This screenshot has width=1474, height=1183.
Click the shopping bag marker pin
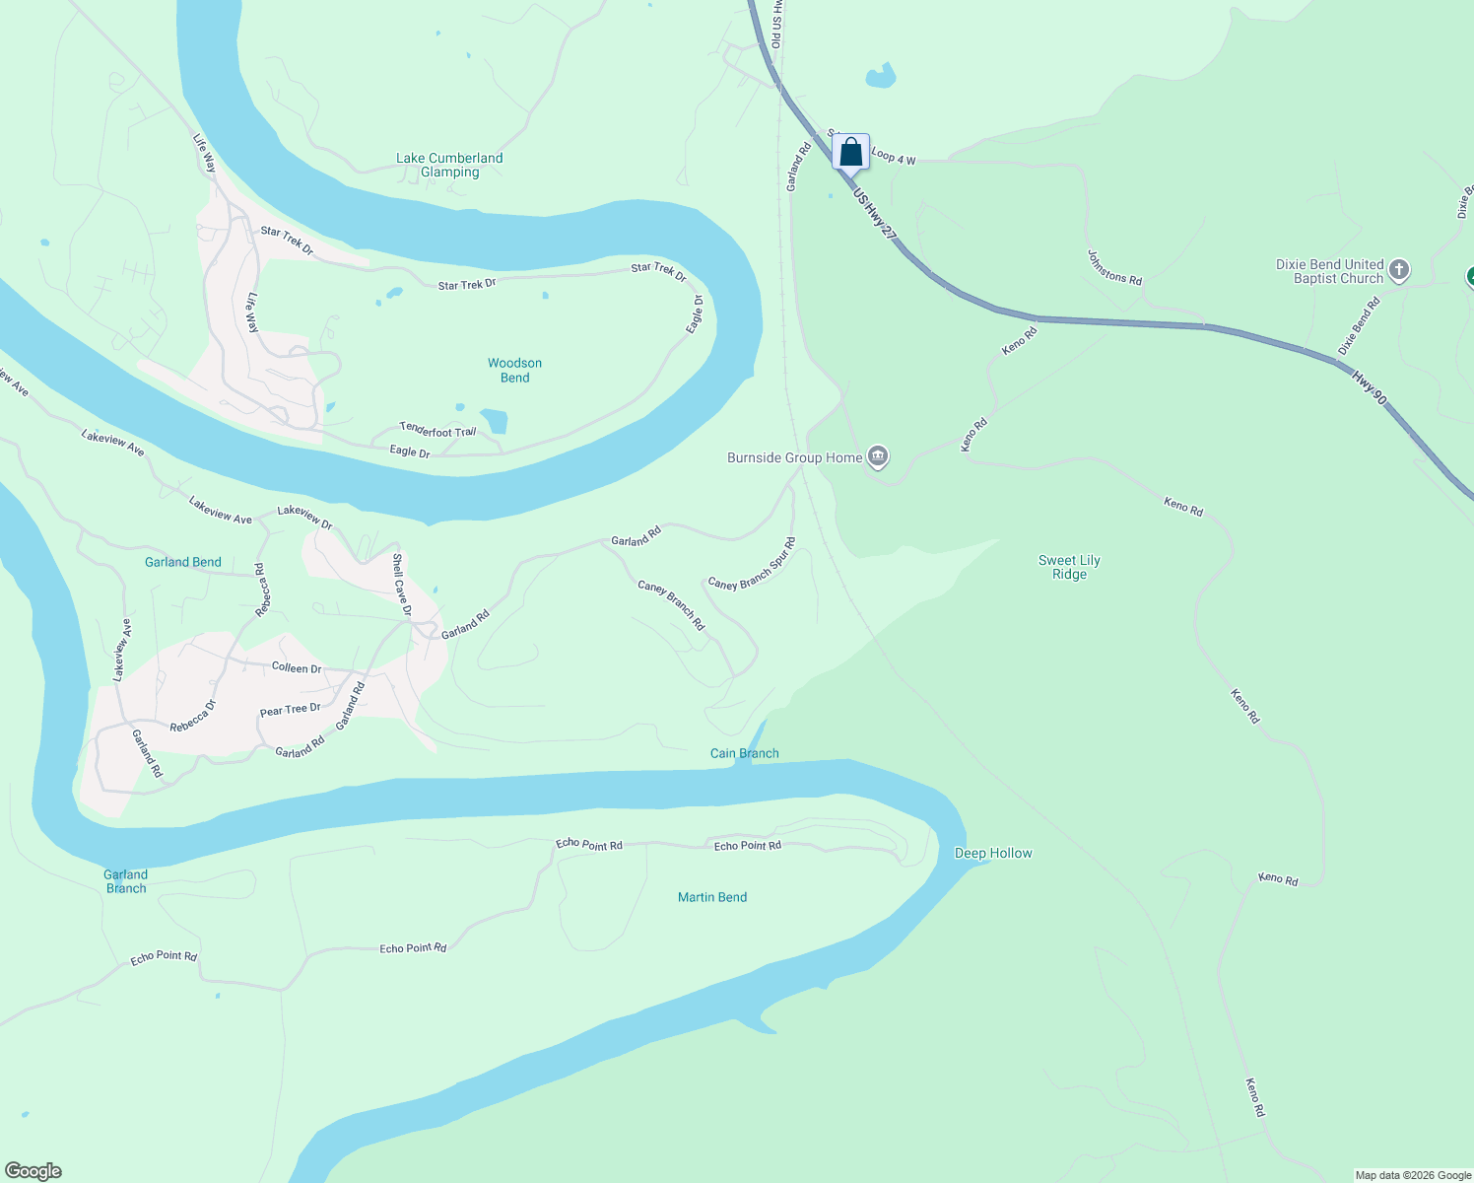click(x=850, y=154)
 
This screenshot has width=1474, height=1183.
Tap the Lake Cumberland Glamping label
click(x=449, y=165)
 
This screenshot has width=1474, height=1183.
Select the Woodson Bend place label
click(x=514, y=370)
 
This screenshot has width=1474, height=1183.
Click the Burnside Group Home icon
click(x=878, y=456)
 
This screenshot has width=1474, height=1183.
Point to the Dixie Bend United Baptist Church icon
click(x=1398, y=270)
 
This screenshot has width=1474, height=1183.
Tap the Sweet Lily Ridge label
click(x=1069, y=567)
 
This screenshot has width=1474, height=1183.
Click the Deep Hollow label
click(x=993, y=853)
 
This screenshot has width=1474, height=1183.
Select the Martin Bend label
click(x=712, y=897)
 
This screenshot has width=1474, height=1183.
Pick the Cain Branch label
click(x=745, y=753)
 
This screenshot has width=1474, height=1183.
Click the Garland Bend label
click(x=183, y=562)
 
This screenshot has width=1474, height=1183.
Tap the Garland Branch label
click(x=126, y=881)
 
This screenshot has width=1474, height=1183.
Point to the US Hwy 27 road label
click(x=876, y=215)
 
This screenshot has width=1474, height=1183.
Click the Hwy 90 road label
click(x=1370, y=388)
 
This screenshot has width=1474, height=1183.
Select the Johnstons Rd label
click(x=1114, y=267)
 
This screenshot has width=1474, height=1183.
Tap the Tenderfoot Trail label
click(x=437, y=430)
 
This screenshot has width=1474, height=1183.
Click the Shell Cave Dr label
click(x=401, y=585)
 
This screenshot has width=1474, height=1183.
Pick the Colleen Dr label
click(x=297, y=667)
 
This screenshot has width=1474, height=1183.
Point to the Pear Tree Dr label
click(x=290, y=710)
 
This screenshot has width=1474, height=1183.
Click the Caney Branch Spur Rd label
click(x=752, y=566)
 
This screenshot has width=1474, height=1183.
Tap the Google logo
click(x=33, y=1171)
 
